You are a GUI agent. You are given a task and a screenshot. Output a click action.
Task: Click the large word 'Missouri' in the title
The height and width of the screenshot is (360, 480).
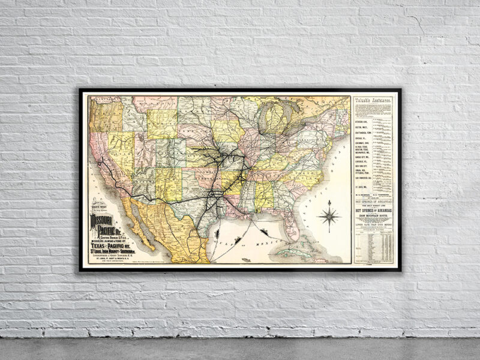coord(106,221)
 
